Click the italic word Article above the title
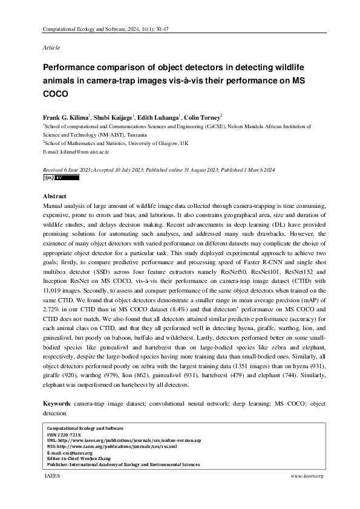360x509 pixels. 51,47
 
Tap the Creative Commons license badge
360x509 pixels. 52,178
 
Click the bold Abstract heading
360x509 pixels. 54,197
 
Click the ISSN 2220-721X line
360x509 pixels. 68,434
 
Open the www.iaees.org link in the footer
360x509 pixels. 308,476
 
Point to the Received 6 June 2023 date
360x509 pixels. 67,171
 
